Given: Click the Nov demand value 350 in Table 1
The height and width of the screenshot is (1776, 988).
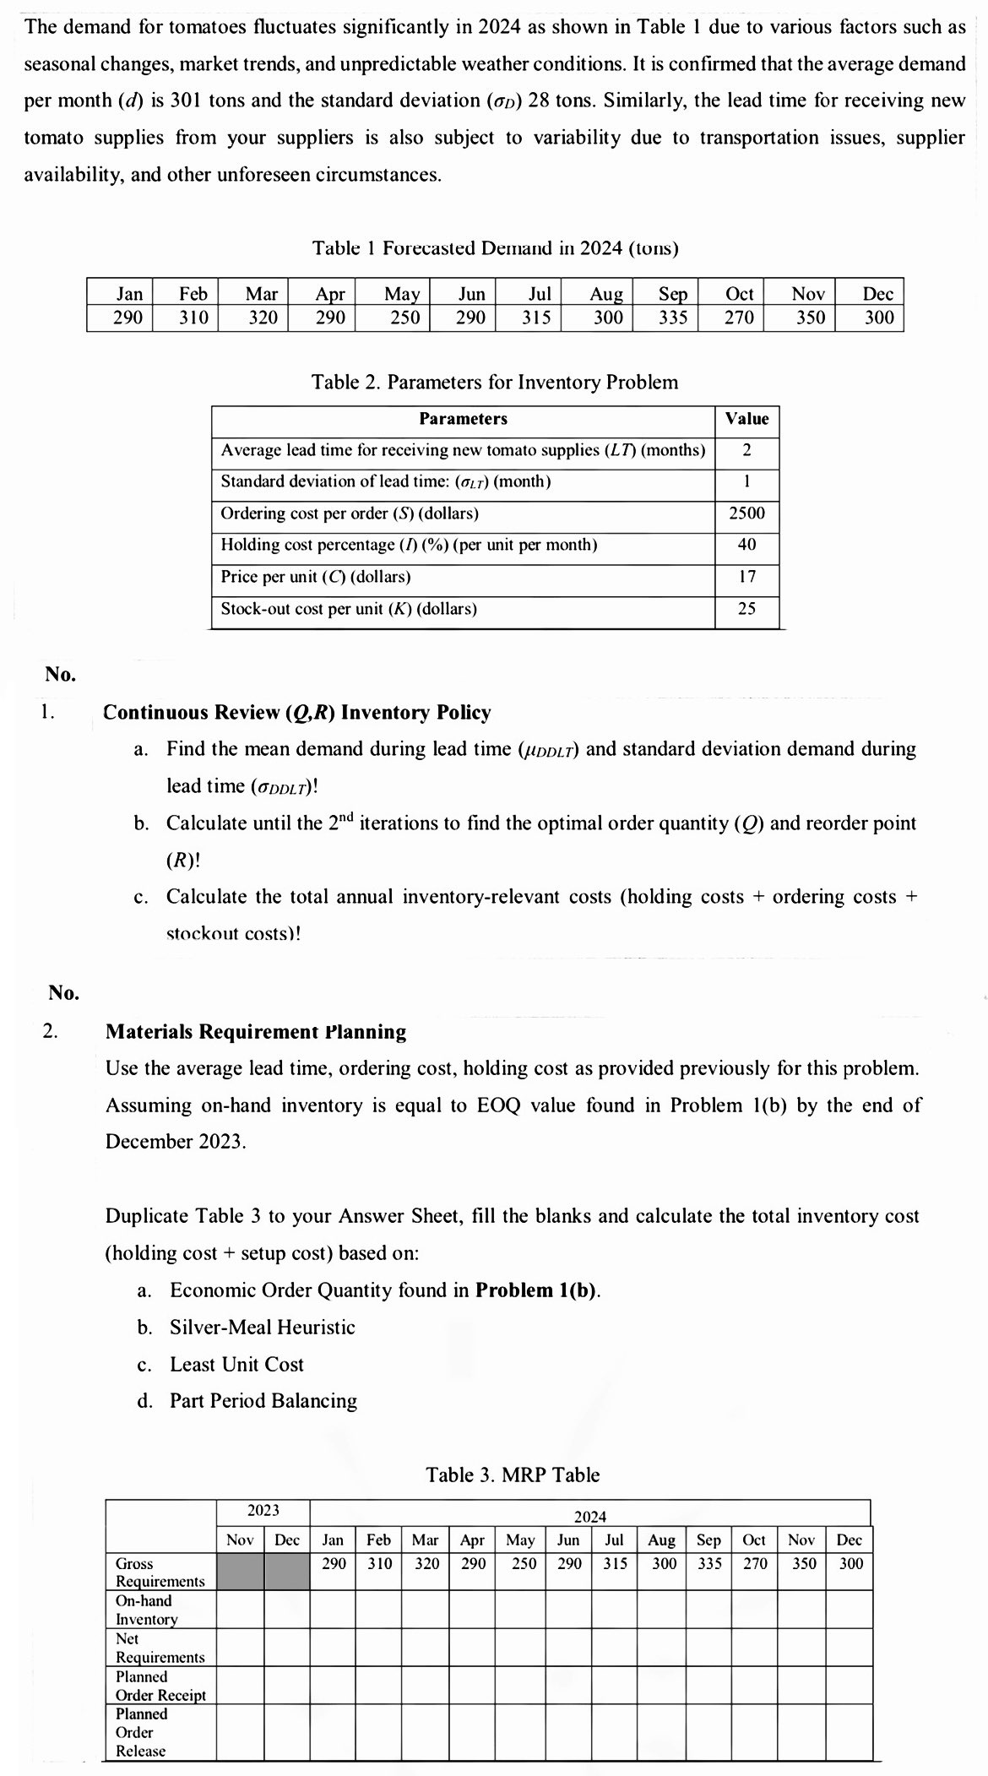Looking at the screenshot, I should coord(810,318).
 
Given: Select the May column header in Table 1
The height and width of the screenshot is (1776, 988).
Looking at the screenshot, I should coord(401,293).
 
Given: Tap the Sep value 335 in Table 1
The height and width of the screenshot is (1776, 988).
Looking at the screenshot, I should coord(673,318).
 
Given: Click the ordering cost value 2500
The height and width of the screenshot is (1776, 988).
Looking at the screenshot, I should coord(746,513).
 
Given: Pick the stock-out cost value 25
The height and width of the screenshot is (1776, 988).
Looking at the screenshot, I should coord(746,609).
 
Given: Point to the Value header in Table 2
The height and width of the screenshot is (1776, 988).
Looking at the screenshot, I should coord(746,419).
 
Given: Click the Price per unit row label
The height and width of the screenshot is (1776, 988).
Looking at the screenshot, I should coord(316,577).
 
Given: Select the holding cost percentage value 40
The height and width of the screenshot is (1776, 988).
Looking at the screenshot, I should coord(746,545).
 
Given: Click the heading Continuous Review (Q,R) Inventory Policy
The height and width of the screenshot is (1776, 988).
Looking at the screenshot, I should coord(296,712).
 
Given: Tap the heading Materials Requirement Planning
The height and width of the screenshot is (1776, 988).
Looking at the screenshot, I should coord(255,1031).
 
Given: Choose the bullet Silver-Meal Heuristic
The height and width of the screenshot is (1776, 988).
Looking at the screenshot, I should coord(262,1327).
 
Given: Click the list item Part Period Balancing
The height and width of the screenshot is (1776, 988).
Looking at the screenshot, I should coord(263,1400).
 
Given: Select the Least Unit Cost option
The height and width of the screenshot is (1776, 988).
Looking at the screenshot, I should coord(236,1364).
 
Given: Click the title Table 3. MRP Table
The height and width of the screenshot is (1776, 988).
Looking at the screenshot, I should coord(513,1475).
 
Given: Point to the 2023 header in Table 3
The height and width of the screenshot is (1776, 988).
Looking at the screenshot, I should coord(263,1510).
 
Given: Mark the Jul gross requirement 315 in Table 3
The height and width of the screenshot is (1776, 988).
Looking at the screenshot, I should coord(615,1563).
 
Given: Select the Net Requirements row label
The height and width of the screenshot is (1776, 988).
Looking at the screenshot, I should coord(160,1648).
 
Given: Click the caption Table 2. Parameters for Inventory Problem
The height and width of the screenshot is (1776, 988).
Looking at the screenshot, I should coord(494,382).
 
